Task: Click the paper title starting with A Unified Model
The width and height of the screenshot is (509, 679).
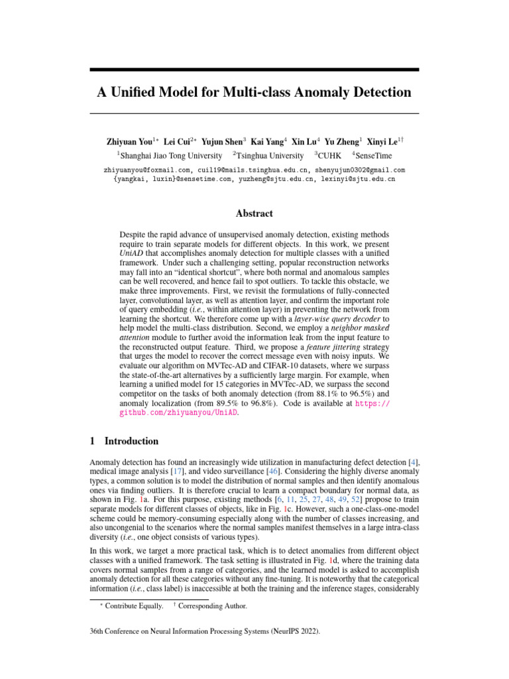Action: coord(254,92)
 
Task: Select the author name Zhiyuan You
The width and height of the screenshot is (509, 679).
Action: coord(130,141)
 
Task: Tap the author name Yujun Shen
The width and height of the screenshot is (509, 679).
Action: coord(222,141)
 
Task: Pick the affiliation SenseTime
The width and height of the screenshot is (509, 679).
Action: coord(374,156)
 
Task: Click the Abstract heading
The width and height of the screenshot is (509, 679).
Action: coord(254,214)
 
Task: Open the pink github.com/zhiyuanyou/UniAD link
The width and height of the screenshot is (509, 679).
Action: coord(177,412)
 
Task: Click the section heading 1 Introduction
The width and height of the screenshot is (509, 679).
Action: coord(124,441)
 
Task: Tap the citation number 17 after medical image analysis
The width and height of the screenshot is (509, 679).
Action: coord(178,470)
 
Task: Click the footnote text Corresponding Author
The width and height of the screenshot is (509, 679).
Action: coord(213,605)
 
